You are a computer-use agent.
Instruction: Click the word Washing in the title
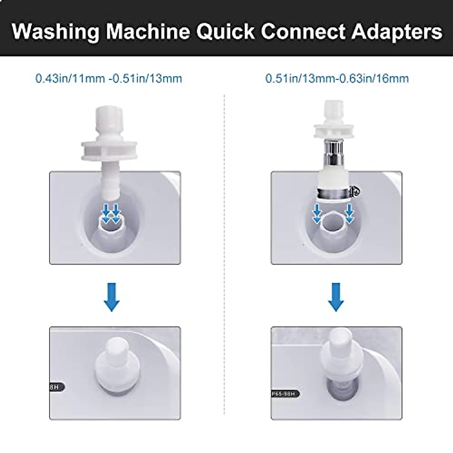click(55, 32)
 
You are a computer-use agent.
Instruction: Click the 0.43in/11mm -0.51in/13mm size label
click(109, 79)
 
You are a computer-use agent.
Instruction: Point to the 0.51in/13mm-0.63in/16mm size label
click(337, 79)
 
